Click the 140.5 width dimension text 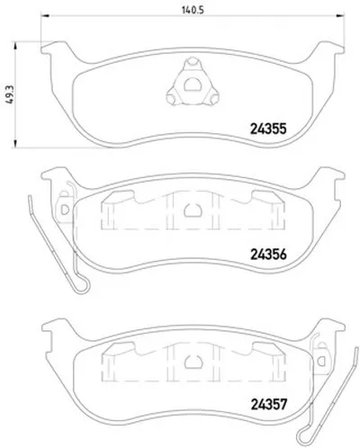(x=193, y=10)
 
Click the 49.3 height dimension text (x=10, y=94)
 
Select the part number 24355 (x=268, y=129)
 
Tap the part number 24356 (x=268, y=255)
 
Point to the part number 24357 (x=269, y=404)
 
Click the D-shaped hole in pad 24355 (x=193, y=85)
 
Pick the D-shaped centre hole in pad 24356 (x=193, y=210)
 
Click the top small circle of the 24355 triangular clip (x=193, y=62)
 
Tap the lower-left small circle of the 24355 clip (x=172, y=98)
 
